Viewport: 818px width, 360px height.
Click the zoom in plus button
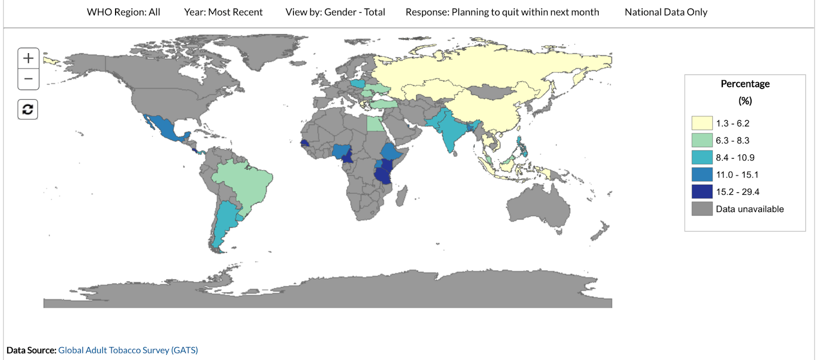click(28, 58)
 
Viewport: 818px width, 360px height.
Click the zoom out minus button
click(28, 79)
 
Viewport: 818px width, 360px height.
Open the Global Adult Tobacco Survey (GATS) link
click(128, 350)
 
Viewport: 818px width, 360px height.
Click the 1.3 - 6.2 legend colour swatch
click(701, 123)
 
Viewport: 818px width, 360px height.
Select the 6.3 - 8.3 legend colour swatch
click(701, 140)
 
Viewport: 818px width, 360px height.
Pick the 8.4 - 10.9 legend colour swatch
click(701, 157)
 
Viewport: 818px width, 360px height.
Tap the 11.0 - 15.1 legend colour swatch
click(701, 174)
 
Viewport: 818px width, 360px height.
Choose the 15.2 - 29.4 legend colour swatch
click(701, 192)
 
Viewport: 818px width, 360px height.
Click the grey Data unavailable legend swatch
click(701, 209)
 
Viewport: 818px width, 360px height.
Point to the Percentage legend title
click(745, 84)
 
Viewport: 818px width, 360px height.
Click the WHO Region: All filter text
click(123, 12)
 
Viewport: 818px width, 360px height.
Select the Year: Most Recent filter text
click(223, 12)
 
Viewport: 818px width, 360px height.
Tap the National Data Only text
click(666, 12)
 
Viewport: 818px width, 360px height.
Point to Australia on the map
click(539, 205)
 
